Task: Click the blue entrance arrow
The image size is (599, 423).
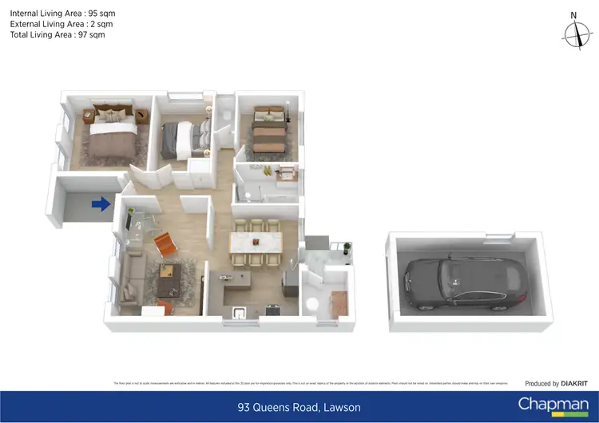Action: (101, 205)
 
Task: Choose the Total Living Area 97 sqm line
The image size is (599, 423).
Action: (57, 35)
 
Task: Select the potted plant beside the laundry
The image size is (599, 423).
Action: (346, 248)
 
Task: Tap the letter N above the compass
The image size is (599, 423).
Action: (573, 14)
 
